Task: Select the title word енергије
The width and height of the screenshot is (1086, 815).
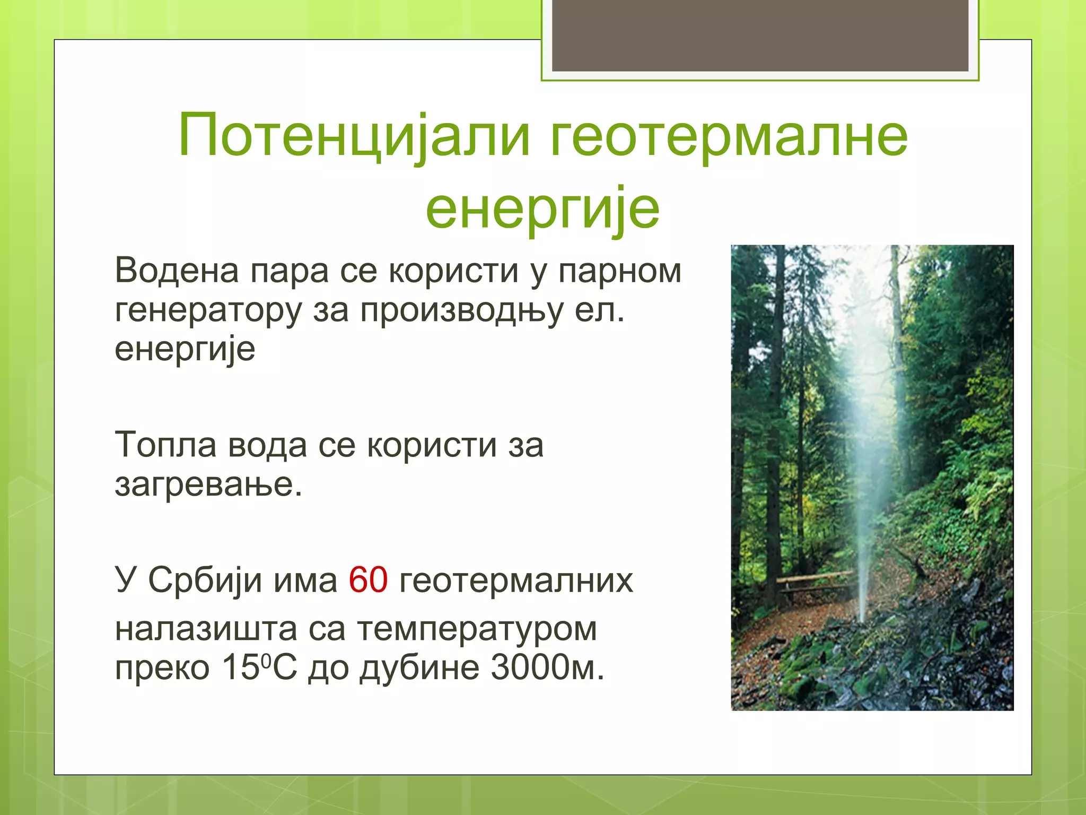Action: click(x=542, y=208)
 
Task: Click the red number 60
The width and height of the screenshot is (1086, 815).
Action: click(x=368, y=580)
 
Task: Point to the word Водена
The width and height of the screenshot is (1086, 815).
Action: click(x=177, y=271)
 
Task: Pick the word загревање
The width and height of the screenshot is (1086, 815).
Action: click(x=208, y=484)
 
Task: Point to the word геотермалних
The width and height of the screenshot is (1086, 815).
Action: click(x=516, y=580)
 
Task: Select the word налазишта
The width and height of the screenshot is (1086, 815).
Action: click(x=206, y=629)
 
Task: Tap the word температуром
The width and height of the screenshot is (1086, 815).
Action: click(x=477, y=629)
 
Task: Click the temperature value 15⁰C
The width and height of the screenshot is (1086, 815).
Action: click(x=259, y=667)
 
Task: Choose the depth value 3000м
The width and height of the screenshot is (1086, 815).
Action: click(x=547, y=667)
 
